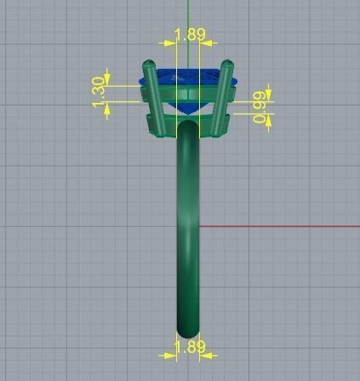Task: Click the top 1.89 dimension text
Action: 189,35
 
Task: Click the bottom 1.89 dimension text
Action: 189,347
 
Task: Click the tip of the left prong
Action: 150,64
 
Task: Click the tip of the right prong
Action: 227,64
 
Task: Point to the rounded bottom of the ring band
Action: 188,333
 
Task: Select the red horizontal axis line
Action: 281,227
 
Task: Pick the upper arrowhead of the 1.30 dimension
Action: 108,77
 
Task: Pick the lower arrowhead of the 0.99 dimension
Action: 269,120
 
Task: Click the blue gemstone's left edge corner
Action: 140,83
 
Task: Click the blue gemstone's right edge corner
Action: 237,83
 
